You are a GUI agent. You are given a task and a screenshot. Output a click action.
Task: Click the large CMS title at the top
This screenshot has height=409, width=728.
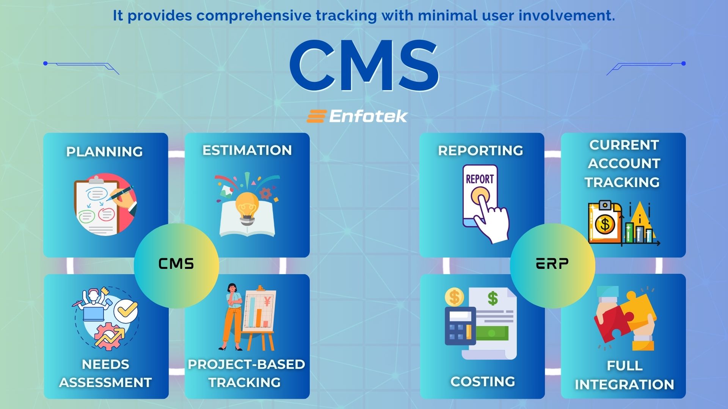364,65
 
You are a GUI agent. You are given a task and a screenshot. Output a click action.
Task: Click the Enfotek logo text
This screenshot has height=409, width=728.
368,116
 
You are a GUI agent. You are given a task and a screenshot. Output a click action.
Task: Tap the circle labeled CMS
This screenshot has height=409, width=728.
176,265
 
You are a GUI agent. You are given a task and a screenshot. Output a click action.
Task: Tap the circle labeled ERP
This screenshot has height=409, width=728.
552,265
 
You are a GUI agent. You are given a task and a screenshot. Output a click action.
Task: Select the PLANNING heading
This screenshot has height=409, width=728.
105,151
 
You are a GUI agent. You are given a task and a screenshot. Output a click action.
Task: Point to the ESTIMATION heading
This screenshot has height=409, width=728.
247,150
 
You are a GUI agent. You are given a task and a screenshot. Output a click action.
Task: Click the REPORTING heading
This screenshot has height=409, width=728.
480,151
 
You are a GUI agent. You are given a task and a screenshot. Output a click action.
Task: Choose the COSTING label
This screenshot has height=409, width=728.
483,381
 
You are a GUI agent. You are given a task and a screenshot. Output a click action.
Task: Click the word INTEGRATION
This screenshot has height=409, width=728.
624,385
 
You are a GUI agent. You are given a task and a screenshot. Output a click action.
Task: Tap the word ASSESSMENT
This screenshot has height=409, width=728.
105,382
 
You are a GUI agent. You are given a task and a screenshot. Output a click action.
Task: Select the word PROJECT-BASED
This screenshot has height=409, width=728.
246,364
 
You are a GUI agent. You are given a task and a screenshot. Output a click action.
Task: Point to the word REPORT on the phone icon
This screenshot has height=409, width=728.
480,179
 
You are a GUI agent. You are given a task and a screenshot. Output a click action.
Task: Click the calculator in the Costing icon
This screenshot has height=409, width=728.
460,326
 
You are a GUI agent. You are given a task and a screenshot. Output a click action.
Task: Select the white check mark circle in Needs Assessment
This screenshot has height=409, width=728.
126,311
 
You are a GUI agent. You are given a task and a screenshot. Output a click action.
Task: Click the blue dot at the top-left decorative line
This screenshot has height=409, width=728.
45,63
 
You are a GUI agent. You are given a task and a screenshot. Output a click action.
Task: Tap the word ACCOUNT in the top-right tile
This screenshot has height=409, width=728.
624,164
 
